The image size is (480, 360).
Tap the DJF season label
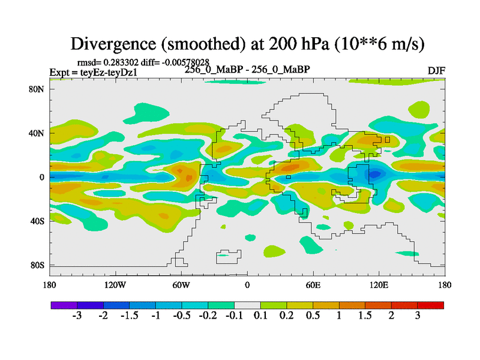tap(436, 70)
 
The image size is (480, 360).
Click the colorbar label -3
tap(77, 316)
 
